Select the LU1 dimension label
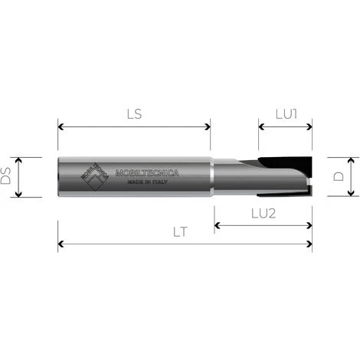(286, 113)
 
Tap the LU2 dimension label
(263, 213)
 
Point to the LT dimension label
(182, 231)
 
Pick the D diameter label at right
(339, 177)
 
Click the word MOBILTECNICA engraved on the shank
(146, 173)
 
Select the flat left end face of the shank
(60, 177)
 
